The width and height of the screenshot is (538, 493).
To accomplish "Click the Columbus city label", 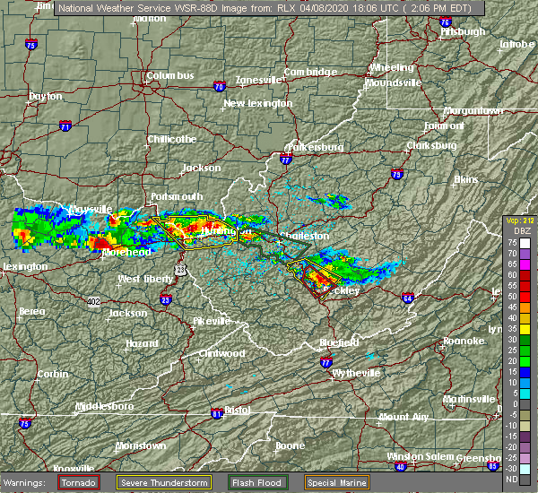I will point(170,76).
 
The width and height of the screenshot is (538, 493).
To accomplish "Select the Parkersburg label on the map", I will point(315,146).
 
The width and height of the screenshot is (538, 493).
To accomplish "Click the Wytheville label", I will point(354,371).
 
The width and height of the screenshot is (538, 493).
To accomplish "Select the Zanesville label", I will point(259,80).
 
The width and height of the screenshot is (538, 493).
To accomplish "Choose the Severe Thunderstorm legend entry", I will point(166,482).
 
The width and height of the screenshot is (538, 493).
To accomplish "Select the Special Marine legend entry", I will point(337,482).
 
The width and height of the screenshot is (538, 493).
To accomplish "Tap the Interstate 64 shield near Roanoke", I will point(407,298).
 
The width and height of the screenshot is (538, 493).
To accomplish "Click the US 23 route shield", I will point(180,269).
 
